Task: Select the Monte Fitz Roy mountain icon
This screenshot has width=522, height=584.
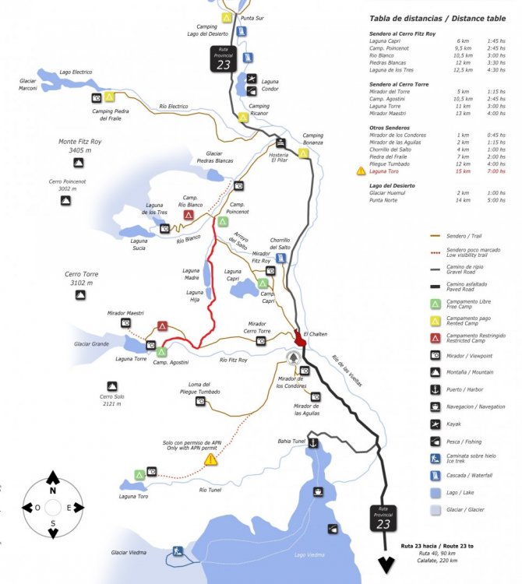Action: tap(79, 163)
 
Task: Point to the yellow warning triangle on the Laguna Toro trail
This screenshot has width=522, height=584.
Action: tap(210, 460)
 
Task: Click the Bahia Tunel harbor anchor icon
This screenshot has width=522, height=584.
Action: tap(312, 442)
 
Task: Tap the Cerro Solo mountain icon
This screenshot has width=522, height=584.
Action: tap(112, 386)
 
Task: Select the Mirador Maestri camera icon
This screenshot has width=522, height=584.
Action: tap(125, 322)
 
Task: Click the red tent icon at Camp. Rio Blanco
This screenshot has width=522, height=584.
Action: tap(189, 214)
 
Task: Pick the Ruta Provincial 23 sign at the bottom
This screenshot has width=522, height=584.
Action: tap(383, 519)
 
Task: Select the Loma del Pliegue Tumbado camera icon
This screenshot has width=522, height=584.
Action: tap(200, 401)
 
